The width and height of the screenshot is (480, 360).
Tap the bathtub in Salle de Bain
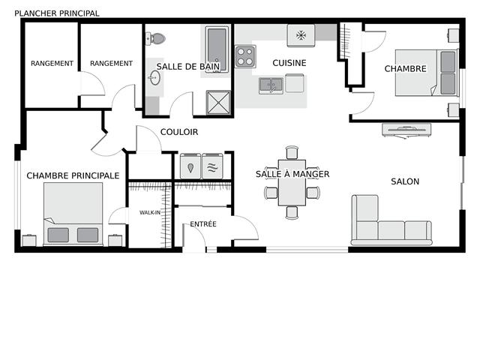[217, 49]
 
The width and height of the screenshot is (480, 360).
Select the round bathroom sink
[154, 78]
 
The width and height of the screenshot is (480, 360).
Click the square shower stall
[218, 102]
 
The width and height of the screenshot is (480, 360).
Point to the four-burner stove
[245, 57]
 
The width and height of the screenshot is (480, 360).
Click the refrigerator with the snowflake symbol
[301, 36]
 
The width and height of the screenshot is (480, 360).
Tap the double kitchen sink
[271, 85]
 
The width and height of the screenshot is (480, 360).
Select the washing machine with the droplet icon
[190, 166]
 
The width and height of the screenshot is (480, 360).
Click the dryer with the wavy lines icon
[212, 166]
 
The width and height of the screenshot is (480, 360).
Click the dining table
[292, 183]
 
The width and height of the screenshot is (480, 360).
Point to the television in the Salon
[406, 130]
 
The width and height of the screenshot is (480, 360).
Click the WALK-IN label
[150, 212]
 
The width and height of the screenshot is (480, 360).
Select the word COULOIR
[179, 132]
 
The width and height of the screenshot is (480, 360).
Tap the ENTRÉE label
[203, 224]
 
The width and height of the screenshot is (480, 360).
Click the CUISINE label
[289, 63]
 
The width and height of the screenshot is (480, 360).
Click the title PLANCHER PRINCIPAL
[57, 13]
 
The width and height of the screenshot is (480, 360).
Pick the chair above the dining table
[292, 152]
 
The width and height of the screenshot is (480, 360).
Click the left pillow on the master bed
[58, 235]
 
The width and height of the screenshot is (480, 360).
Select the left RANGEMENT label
[52, 63]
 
